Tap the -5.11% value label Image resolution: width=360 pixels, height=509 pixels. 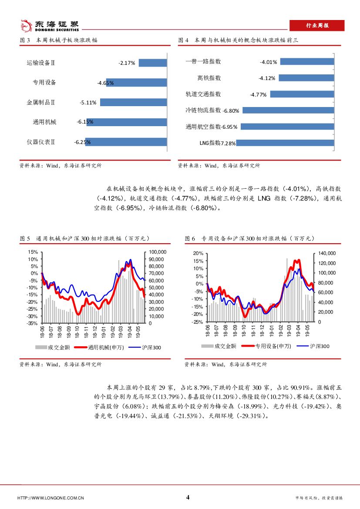(x=88, y=103)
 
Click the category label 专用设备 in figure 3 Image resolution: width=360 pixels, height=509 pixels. (x=44, y=83)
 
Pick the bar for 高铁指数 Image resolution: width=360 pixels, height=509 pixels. (x=306, y=78)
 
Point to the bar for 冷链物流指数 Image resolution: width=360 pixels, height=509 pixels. (x=288, y=111)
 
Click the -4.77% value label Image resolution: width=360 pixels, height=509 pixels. (x=258, y=94)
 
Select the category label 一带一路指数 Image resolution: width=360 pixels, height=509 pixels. (x=203, y=62)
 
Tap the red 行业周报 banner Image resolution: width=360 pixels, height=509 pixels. (x=316, y=26)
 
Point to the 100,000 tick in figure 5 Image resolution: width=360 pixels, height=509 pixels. (x=157, y=252)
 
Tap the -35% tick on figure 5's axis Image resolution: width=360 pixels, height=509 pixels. (x=33, y=323)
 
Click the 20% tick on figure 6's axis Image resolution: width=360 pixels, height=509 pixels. (x=199, y=253)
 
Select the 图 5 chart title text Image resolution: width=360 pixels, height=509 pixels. (x=85, y=239)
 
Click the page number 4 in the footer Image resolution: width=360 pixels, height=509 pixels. (x=188, y=497)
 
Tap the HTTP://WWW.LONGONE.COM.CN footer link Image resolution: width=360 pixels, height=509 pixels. (x=50, y=498)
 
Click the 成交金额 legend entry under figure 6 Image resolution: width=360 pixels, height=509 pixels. (x=219, y=346)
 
